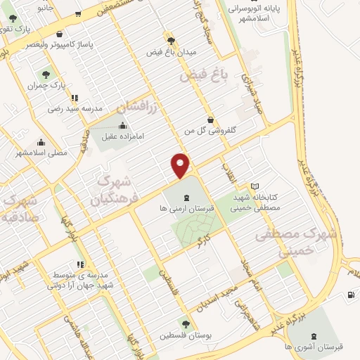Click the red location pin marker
coord(181,165)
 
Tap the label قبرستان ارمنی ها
coord(186,210)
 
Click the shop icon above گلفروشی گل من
coord(210,119)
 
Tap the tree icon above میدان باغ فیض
coord(169,40)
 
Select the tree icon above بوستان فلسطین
coord(186,325)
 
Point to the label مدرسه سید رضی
coord(75,109)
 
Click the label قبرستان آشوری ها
coord(320,347)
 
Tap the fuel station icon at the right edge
coord(351,295)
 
